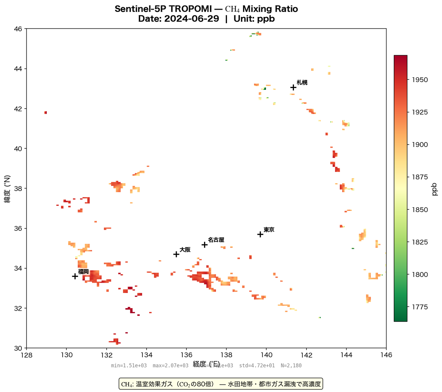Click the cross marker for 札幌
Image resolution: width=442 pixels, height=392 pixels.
click(293, 87)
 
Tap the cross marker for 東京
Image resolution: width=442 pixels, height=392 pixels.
click(260, 234)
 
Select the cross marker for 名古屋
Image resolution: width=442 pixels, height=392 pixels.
click(204, 245)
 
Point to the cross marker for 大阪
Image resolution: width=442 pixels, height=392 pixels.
click(176, 254)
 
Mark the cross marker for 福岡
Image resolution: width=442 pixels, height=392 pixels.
click(75, 276)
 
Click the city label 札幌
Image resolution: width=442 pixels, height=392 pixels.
click(302, 82)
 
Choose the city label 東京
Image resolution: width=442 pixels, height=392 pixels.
click(269, 230)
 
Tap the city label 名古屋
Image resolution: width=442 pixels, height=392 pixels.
click(216, 240)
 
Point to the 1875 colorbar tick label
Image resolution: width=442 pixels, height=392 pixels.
click(418, 177)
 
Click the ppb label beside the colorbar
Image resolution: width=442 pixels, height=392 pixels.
click(435, 188)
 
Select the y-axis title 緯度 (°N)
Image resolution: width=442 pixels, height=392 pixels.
click(7, 188)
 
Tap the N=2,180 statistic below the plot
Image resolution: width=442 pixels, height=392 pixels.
click(291, 365)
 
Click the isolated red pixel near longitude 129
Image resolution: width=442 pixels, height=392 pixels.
click(46, 112)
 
